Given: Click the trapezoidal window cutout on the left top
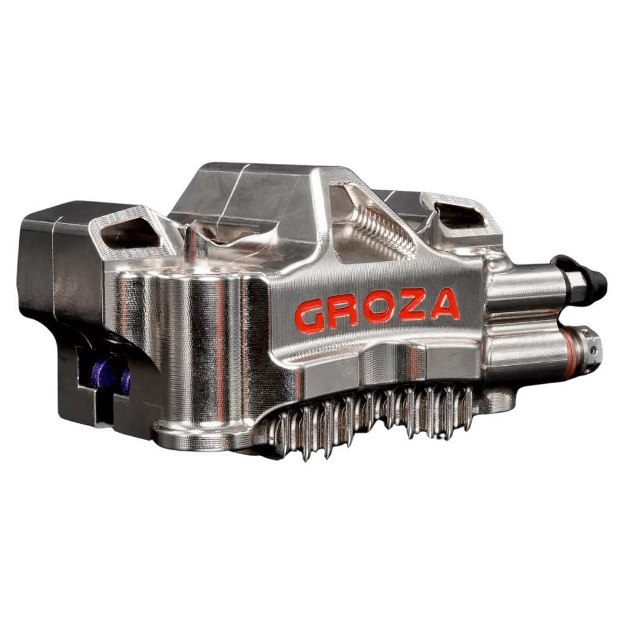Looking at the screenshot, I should click(129, 234).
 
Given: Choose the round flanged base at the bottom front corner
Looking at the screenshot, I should click(194, 434).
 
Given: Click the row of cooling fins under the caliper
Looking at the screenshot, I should click(376, 417).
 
